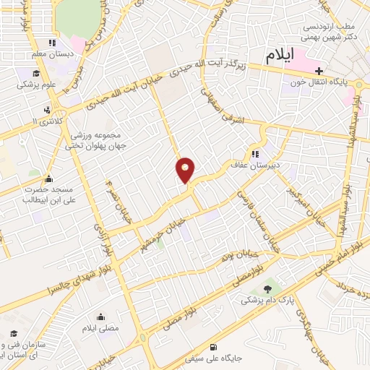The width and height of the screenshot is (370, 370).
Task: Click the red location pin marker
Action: click(186, 170)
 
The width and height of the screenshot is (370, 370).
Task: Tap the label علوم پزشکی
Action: click(36, 84)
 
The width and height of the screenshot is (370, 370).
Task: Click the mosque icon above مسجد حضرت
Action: click(48, 178)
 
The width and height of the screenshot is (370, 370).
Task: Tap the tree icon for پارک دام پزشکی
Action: click(269, 288)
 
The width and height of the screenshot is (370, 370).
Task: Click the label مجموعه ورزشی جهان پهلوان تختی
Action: click(97, 141)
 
